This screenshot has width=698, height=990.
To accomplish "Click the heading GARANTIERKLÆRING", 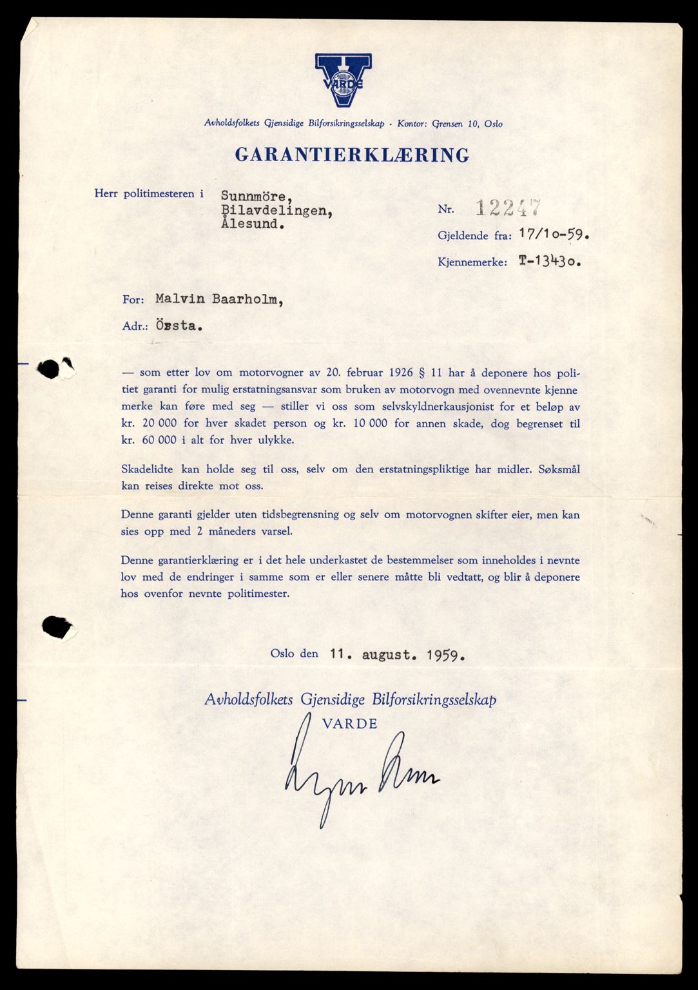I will point(352,155).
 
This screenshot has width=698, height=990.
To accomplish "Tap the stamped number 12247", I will point(508,208).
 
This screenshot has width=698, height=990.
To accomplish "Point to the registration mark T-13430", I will point(550,262).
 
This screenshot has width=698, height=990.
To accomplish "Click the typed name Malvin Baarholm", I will point(219,299).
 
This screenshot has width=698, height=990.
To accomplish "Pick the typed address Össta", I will point(179,325).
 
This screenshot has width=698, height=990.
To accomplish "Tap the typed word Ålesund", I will point(252,224).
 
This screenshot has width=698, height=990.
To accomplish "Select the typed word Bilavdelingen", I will point(277,210).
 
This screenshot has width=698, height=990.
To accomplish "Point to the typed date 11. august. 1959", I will point(397,655).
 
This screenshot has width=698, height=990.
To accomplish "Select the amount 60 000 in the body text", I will point(155,441).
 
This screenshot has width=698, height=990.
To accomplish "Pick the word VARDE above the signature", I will point(349,723).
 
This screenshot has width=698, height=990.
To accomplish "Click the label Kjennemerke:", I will point(472,262).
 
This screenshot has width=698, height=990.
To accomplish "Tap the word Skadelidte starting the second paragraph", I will point(146,469).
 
